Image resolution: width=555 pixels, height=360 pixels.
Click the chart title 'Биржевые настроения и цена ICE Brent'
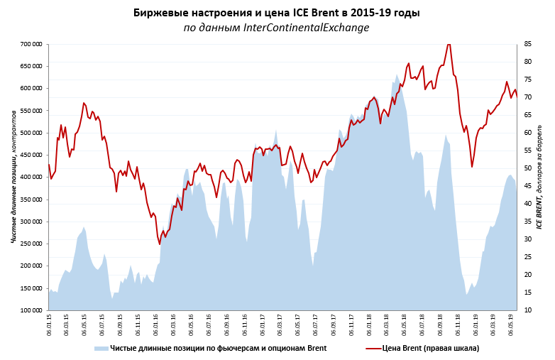point(277,13)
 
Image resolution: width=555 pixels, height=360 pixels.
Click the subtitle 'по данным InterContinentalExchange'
point(277,28)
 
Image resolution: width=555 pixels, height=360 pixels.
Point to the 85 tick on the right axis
point(529,44)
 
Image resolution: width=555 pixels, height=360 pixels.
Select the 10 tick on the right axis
point(529,310)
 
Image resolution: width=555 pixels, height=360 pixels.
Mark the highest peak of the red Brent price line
point(449,44)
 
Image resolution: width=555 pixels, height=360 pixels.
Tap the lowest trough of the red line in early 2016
point(160,244)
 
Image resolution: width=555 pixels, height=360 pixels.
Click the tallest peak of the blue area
point(397,75)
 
